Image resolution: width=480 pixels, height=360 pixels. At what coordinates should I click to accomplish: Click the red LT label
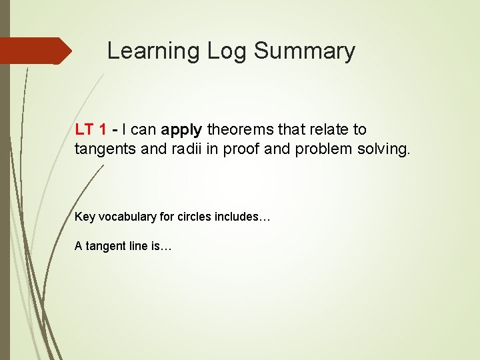coord(84,129)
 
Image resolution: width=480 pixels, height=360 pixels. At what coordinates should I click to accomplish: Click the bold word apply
coord(182,130)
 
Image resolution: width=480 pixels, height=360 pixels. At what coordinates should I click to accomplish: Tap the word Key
coord(85,217)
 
